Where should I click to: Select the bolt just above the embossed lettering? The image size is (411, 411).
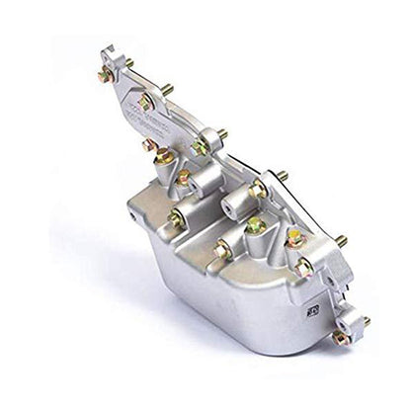pos(145,100)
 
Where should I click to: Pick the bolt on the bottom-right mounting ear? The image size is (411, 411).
pos(341,337)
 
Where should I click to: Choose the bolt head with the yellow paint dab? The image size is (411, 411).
pos(293,238)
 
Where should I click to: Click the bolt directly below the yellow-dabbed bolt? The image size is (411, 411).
pos(304,267)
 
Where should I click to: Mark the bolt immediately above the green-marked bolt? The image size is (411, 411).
pos(258,188)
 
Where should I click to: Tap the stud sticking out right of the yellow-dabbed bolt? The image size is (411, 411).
pos(340,240)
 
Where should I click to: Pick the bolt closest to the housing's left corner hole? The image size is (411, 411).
pos(176,219)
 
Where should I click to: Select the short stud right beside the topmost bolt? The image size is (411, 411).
pos(128,65)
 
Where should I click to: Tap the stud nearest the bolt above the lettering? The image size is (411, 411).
pos(167,90)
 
